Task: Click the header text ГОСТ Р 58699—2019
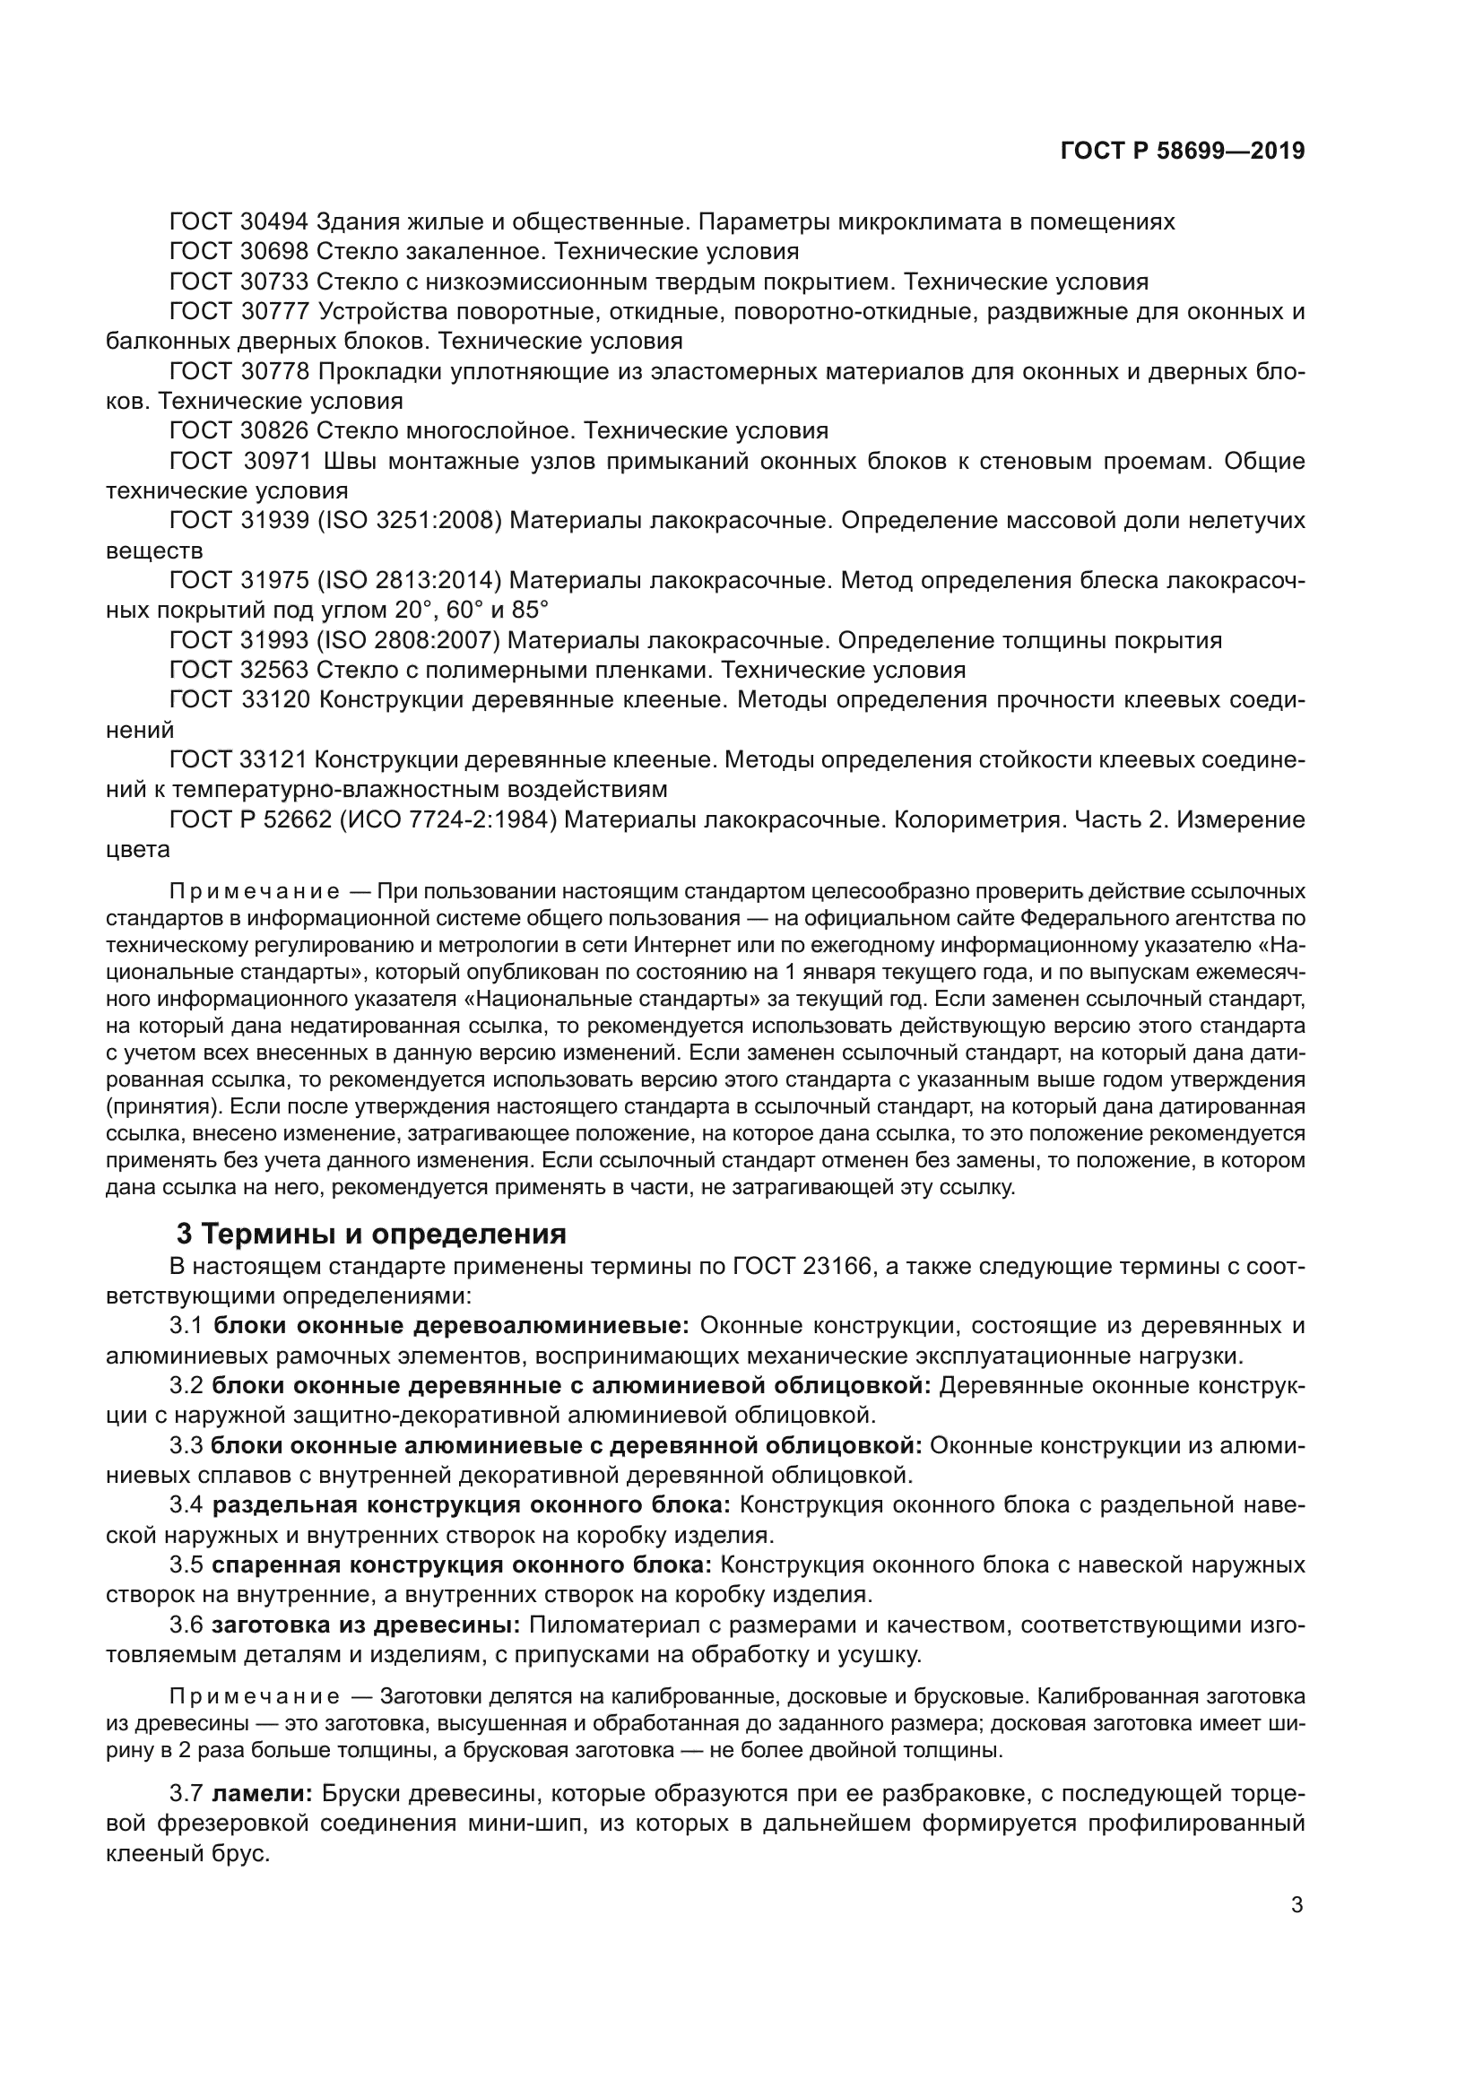[x=1182, y=151]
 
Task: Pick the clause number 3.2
[x=186, y=1385]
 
